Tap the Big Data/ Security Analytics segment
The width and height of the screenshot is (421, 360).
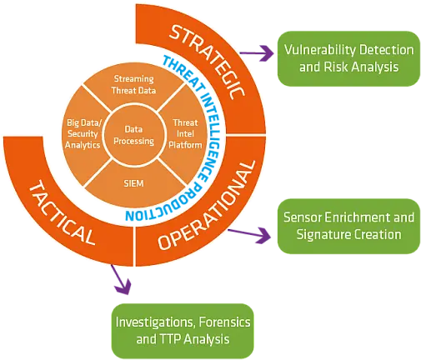(84, 133)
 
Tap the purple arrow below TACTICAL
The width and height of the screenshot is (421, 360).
(122, 282)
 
